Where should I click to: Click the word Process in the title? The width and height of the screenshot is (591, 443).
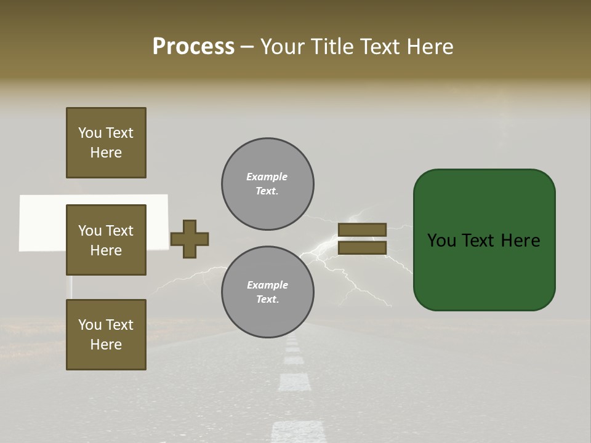(x=193, y=47)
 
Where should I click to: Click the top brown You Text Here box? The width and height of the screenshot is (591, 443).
(x=106, y=143)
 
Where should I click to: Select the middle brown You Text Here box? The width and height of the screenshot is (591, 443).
(x=106, y=240)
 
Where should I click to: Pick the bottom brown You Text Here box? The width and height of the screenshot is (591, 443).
(x=106, y=335)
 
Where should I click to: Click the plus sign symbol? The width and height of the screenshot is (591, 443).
(x=190, y=239)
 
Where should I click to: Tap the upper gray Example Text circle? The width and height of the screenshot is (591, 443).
(x=267, y=184)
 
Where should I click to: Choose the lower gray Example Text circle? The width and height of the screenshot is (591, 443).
(x=267, y=292)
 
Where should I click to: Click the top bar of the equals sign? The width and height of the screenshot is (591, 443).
(x=362, y=229)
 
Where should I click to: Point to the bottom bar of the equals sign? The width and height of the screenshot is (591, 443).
(x=362, y=248)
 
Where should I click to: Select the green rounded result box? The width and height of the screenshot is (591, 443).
(x=484, y=240)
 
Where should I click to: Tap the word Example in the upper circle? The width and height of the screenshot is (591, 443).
(x=267, y=177)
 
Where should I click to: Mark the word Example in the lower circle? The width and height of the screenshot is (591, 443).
(x=267, y=285)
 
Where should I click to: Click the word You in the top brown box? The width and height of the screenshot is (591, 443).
(x=90, y=133)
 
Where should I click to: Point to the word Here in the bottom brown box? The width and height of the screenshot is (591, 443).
(x=106, y=345)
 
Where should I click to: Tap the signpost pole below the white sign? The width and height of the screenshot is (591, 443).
(x=70, y=285)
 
